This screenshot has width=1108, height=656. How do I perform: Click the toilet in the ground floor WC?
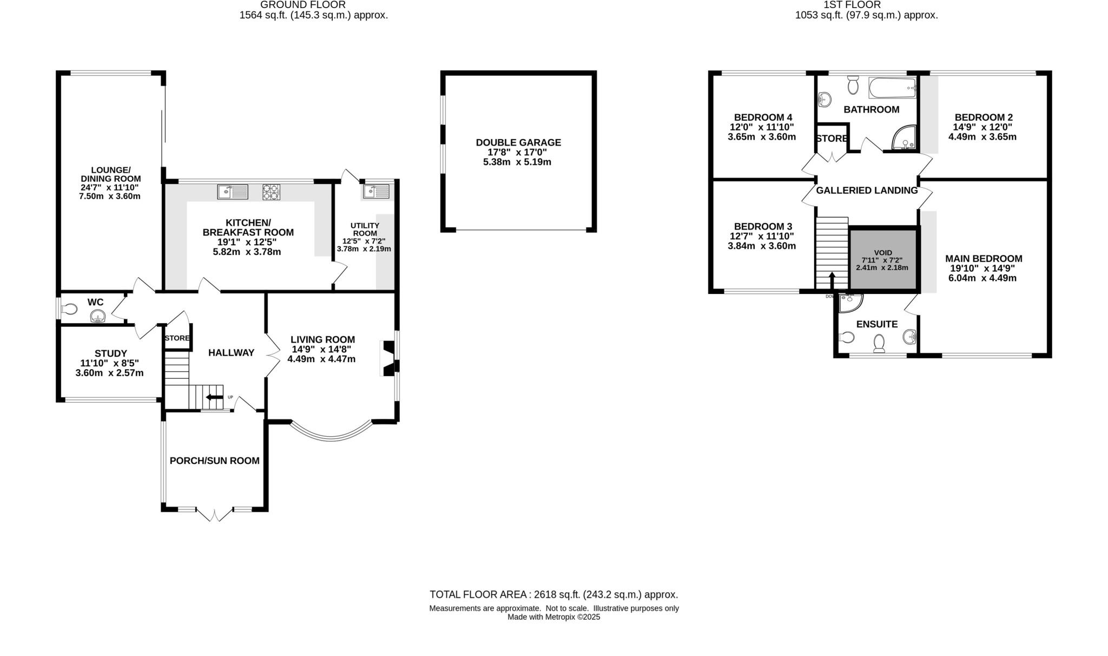coord(70,310)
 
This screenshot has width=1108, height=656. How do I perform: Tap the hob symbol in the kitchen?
coord(272,192)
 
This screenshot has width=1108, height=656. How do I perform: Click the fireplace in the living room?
coord(388,358)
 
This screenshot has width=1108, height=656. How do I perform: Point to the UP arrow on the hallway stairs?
coord(214,398)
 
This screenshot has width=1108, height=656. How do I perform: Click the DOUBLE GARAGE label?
coord(518,142)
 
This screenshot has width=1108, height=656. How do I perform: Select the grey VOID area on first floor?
coord(882,259)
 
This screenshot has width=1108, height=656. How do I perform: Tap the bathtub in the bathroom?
coord(892,88)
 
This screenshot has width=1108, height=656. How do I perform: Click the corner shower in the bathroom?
coord(905,139)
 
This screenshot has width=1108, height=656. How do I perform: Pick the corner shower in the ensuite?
coord(849,302)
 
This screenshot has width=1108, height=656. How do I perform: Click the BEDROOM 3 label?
coord(763,226)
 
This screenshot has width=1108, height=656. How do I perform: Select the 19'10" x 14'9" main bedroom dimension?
coord(983,268)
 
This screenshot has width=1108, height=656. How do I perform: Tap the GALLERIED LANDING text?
coord(867,191)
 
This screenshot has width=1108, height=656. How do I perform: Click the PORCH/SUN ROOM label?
coord(215,461)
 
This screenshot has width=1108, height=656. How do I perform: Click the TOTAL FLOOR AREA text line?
coord(553,594)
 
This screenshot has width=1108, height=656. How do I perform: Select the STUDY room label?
coord(110,353)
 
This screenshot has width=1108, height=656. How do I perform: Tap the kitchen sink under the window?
coord(233,192)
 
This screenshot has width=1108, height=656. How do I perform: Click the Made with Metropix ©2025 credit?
coord(553,617)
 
